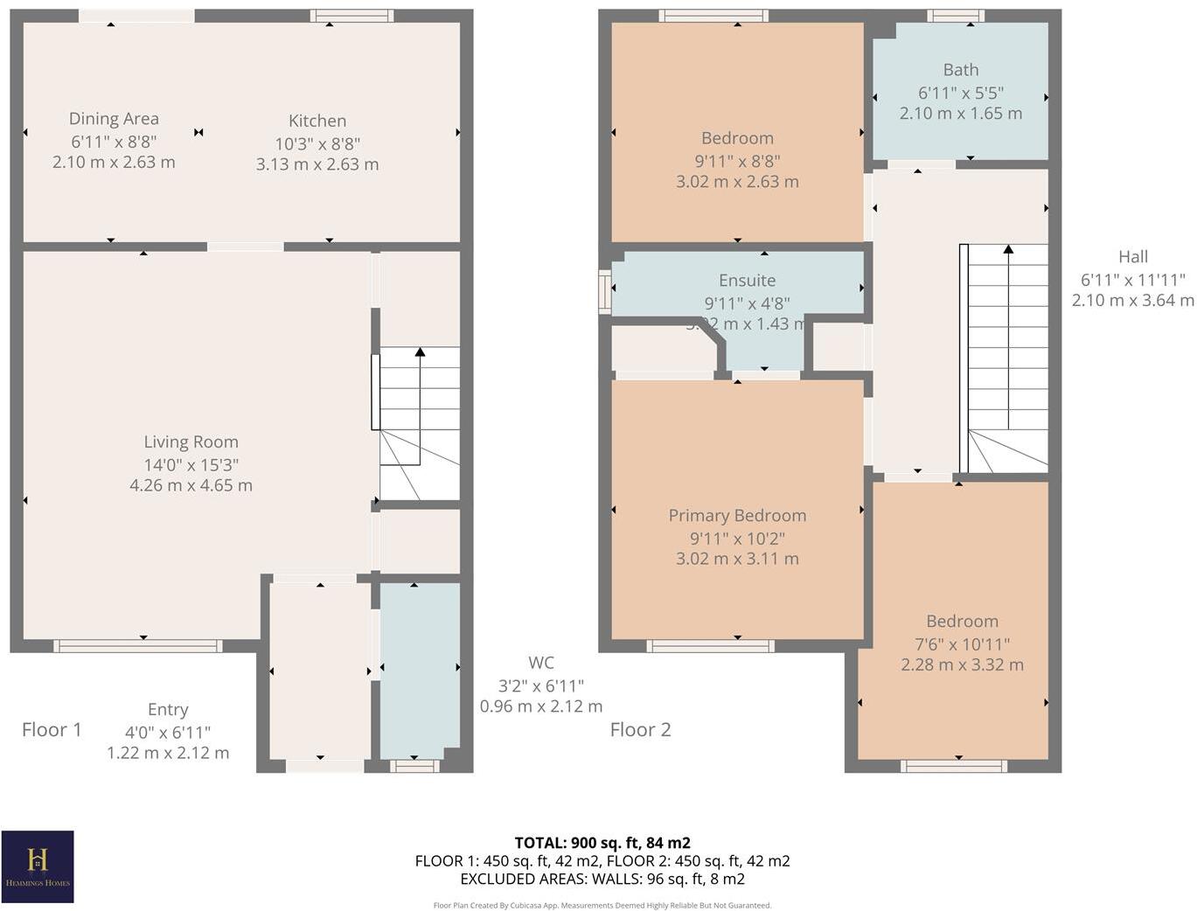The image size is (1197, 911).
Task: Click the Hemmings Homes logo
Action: [37, 866]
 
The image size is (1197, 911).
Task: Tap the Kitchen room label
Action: [317, 121]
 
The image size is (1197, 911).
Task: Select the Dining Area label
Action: [114, 119]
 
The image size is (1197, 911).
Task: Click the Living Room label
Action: [191, 442]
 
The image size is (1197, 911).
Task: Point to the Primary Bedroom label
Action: [737, 516]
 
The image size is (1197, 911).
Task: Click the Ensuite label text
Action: [747, 281]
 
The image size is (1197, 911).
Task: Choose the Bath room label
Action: [960, 70]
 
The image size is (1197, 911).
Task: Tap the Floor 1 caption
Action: [52, 730]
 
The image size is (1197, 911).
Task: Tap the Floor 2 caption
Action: [640, 730]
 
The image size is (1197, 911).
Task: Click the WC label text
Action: [540, 664]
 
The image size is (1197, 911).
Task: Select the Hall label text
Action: [1132, 257]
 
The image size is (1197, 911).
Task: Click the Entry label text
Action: [168, 710]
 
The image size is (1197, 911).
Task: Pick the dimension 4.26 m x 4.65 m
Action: [191, 485]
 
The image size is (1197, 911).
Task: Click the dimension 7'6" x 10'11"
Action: [962, 644]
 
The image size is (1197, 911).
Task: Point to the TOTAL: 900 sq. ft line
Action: [602, 843]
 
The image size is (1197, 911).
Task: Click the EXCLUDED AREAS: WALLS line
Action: [602, 879]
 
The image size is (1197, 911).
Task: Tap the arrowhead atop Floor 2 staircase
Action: [1008, 249]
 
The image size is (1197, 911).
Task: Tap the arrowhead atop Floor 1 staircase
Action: [420, 351]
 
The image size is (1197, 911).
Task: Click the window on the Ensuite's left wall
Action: [604, 291]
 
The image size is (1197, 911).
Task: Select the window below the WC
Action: [414, 766]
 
